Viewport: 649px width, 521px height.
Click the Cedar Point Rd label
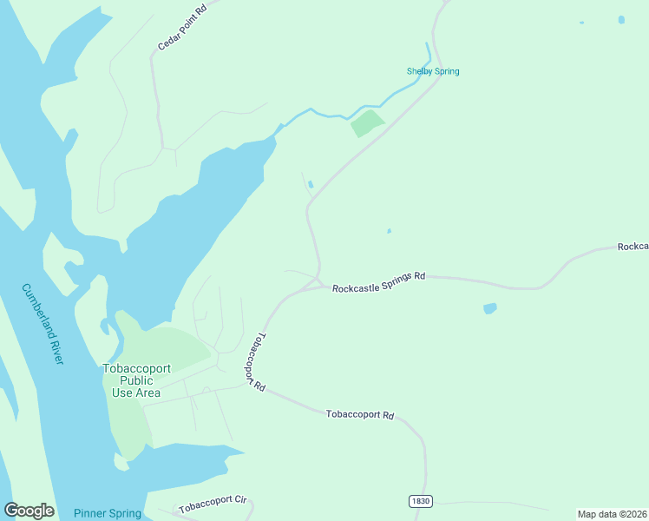(x=182, y=25)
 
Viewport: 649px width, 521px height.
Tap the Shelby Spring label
(x=433, y=71)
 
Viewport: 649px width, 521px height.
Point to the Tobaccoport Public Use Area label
(x=131, y=380)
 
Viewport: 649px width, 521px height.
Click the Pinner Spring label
(x=108, y=513)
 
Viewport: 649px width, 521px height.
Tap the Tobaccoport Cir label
(x=213, y=504)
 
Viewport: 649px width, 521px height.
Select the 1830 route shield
(x=420, y=502)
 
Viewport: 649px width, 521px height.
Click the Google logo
(x=29, y=511)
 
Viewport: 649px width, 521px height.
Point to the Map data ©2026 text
(x=612, y=513)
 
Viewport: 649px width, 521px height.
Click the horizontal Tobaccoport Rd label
(x=360, y=415)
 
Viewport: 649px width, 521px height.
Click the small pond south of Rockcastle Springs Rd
(x=490, y=308)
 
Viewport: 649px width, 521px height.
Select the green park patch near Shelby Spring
(x=366, y=123)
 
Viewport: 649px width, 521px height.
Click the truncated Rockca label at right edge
(x=633, y=247)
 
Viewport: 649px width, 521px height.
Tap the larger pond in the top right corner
(x=621, y=19)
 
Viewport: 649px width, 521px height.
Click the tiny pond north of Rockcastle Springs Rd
(x=389, y=231)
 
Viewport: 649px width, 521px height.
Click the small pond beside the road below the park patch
(x=311, y=183)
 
